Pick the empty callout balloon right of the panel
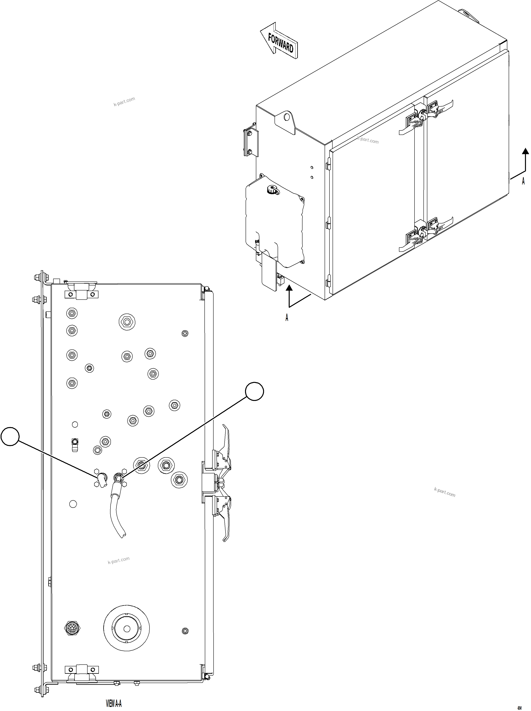pyautogui.click(x=254, y=391)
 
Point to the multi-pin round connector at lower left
pyautogui.click(x=73, y=628)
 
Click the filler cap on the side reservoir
pyautogui.click(x=272, y=191)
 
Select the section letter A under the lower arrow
pyautogui.click(x=287, y=318)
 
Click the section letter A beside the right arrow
pyautogui.click(x=523, y=181)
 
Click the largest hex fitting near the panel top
pyautogui.click(x=127, y=322)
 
